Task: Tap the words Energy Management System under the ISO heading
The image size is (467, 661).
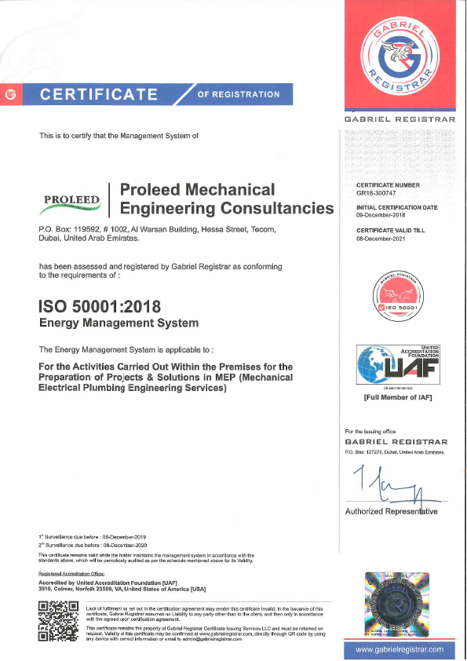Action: point(119,323)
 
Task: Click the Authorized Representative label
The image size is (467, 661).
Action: point(391,512)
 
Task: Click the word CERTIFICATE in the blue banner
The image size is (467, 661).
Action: point(99,95)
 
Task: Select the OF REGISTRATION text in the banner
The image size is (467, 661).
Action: point(238,94)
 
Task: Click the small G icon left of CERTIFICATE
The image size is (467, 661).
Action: point(10,95)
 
